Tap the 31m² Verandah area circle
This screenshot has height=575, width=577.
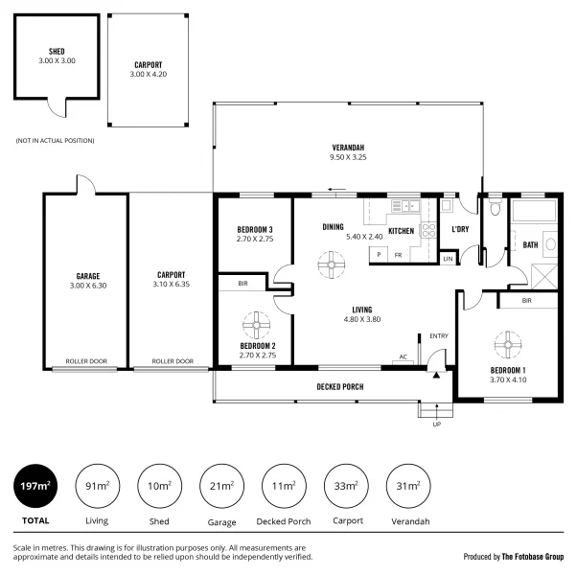tap(407, 486)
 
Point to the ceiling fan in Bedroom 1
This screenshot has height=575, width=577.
tap(505, 343)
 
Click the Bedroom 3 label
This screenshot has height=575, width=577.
tap(255, 229)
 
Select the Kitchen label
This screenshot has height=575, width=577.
tap(401, 231)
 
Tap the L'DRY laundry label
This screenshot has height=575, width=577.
tap(459, 229)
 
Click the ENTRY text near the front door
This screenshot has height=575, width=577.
tap(439, 335)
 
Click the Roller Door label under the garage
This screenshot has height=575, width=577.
tap(85, 362)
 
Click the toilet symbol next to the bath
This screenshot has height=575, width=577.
tap(495, 207)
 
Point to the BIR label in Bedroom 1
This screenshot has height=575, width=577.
tap(526, 300)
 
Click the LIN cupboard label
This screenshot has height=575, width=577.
tap(448, 258)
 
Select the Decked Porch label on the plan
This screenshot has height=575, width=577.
tap(340, 387)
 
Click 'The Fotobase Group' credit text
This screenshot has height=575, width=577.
tap(533, 556)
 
